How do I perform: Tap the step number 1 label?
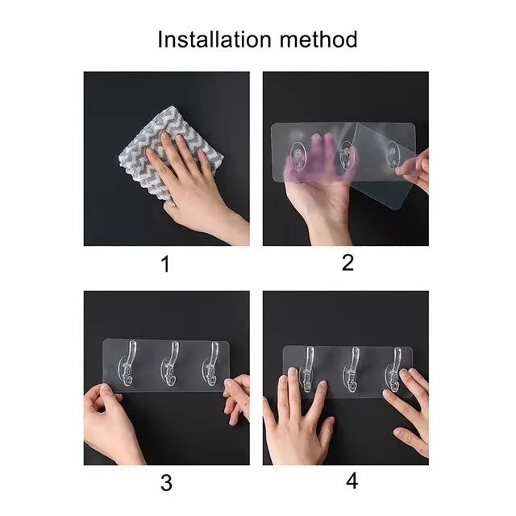pyautogui.click(x=166, y=264)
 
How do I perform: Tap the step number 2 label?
pyautogui.click(x=348, y=262)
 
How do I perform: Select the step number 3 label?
pyautogui.click(x=166, y=482)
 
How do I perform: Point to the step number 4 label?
pyautogui.click(x=352, y=481)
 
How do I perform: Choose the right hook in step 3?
pyautogui.click(x=210, y=368)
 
